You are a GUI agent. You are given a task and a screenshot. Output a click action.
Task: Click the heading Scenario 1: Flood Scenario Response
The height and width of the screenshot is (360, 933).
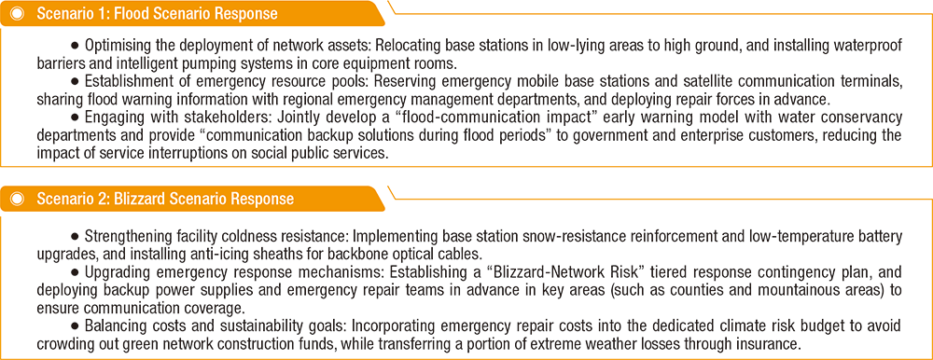pyautogui.click(x=157, y=14)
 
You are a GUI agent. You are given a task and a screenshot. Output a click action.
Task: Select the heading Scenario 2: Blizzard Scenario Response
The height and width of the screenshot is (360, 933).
pyautogui.click(x=165, y=199)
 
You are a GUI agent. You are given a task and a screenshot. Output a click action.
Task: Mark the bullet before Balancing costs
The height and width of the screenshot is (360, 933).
pyautogui.click(x=76, y=329)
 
